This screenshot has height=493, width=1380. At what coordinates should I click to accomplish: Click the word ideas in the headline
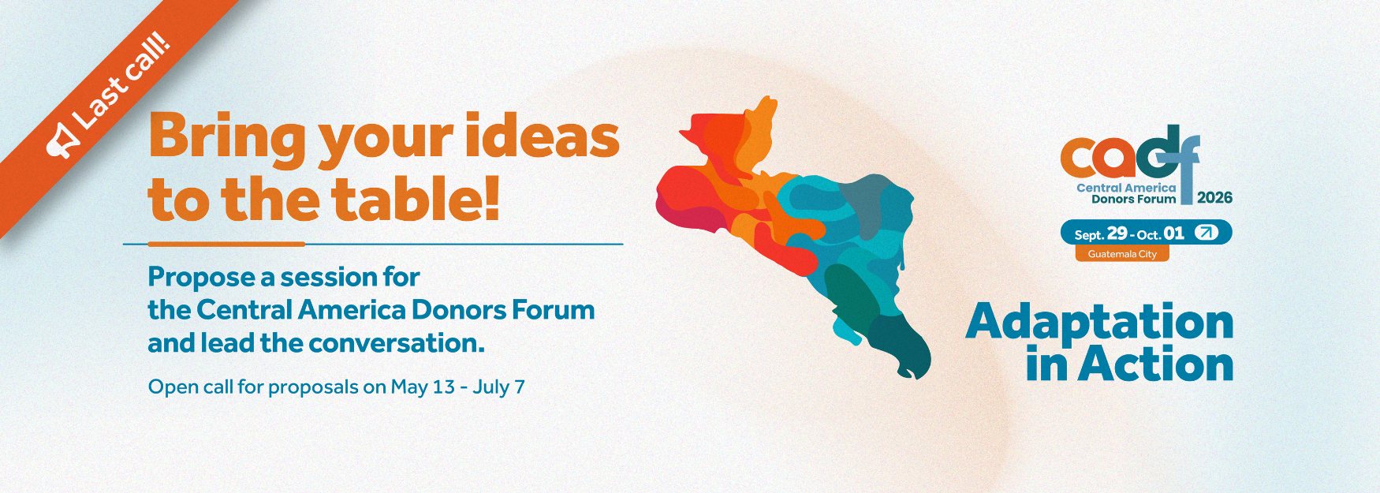(x=542, y=136)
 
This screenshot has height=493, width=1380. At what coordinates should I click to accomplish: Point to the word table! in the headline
(x=416, y=199)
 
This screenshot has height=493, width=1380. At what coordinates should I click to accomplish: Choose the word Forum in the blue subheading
(x=553, y=310)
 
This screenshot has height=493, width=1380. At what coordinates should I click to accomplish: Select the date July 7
(x=498, y=387)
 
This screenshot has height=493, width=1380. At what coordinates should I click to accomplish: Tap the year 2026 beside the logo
(x=1214, y=198)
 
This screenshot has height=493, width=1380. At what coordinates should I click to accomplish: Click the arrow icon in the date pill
(x=1207, y=233)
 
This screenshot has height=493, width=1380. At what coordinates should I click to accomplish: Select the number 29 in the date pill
(x=1117, y=233)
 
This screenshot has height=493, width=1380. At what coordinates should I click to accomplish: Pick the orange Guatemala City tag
(x=1122, y=254)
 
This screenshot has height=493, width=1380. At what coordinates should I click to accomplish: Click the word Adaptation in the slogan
(x=1100, y=323)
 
